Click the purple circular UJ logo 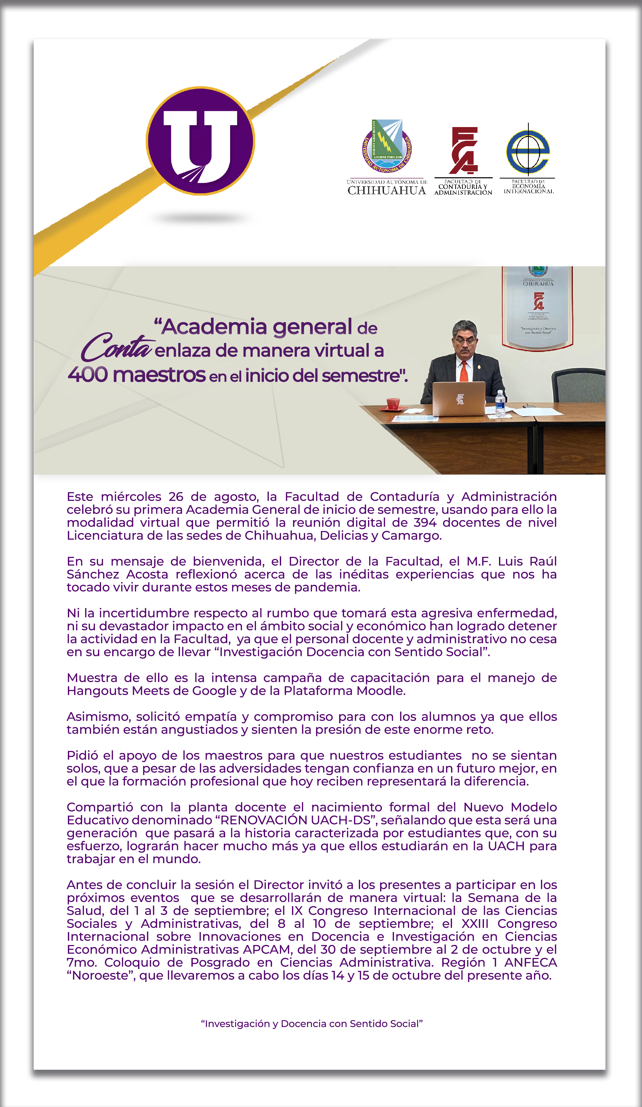[201, 141]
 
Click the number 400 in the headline [88, 375]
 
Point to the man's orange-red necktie [464, 371]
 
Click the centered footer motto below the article [312, 1023]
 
